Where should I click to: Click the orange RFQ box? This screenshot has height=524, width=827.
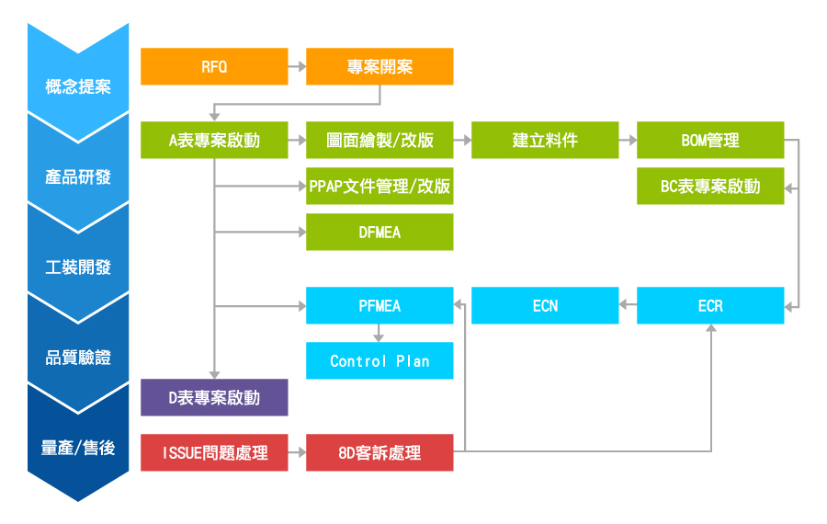(x=214, y=66)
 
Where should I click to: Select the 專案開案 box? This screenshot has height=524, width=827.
(x=380, y=66)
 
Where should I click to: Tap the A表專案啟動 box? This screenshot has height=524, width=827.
(x=214, y=140)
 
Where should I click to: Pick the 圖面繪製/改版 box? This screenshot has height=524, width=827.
(x=380, y=140)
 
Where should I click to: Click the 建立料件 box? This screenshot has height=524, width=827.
(x=545, y=140)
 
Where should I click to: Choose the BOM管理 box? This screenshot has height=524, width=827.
(x=710, y=140)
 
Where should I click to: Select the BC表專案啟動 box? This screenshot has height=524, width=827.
(x=710, y=186)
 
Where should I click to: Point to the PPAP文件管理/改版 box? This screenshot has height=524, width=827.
(x=380, y=186)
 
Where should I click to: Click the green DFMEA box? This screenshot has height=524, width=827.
(x=380, y=232)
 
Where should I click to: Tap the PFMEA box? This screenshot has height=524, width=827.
(x=380, y=305)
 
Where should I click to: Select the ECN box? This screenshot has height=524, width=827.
(x=545, y=305)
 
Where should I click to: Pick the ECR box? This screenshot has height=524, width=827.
(x=710, y=305)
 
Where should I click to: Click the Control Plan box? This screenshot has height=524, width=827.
(x=380, y=360)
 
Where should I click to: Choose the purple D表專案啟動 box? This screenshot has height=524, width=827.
(x=214, y=397)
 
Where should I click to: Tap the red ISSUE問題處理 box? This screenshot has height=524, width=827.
(x=214, y=452)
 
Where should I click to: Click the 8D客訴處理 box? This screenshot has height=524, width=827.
(x=380, y=452)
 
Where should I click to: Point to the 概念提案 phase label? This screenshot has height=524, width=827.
(x=78, y=87)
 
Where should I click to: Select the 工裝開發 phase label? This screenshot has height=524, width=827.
(x=78, y=268)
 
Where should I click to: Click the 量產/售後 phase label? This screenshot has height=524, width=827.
(x=78, y=448)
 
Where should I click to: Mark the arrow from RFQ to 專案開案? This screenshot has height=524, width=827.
(x=297, y=66)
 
